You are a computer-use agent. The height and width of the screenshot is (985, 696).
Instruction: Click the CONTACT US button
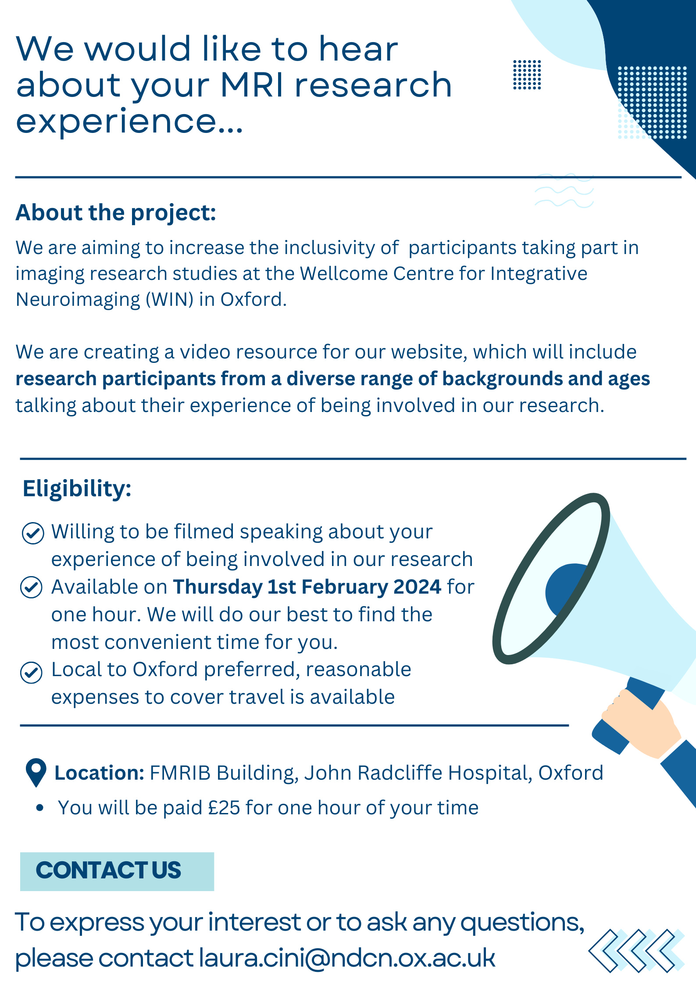coord(117,871)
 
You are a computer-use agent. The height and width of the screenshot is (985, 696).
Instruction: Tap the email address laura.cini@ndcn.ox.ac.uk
coord(347,957)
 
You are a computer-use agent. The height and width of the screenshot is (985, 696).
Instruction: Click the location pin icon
coord(36,772)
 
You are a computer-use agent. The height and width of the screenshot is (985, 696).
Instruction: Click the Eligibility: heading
coord(77,488)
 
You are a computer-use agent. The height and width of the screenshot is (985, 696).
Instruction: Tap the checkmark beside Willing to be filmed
coord(33,533)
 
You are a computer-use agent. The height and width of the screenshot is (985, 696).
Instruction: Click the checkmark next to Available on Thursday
coord(32,587)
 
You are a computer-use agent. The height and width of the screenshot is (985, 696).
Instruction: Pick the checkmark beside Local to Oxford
coord(32,672)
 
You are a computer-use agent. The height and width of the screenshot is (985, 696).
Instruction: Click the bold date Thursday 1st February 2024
coord(307,587)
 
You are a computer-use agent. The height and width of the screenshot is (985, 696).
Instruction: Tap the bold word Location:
coord(99,773)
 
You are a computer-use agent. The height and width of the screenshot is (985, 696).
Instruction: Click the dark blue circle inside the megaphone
coord(564,588)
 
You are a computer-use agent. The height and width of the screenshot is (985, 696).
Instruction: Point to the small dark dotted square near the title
coord(527,75)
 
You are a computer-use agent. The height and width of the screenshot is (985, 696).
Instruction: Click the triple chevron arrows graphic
coord(636,950)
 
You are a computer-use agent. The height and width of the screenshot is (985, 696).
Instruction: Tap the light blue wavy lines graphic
coord(564,190)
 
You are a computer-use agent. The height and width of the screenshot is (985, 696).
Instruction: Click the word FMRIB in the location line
coord(180,773)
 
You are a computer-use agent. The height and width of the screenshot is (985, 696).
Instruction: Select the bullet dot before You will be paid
coord(40,808)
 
